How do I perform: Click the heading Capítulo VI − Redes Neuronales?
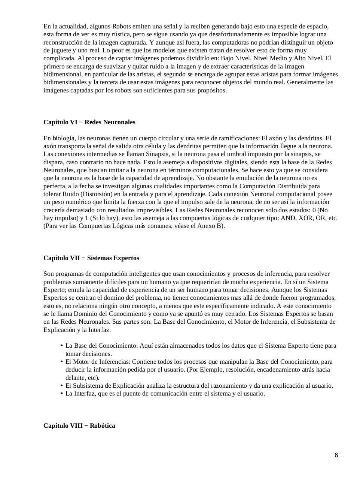89,122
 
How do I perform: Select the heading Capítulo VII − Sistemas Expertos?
91,258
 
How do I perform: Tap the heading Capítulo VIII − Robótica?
79,426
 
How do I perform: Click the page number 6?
336,455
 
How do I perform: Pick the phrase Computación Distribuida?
276,186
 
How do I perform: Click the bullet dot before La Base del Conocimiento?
61,346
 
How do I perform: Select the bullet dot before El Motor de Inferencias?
61,362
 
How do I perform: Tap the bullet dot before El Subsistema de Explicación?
61,386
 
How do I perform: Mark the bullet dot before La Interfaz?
61,394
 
